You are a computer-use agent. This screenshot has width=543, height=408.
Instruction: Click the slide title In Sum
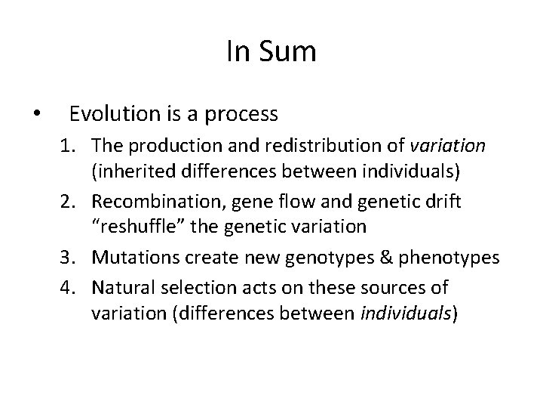point(271,52)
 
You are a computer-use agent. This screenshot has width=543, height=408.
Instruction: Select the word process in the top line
point(239,115)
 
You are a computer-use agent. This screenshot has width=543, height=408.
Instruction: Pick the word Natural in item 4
point(121,287)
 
